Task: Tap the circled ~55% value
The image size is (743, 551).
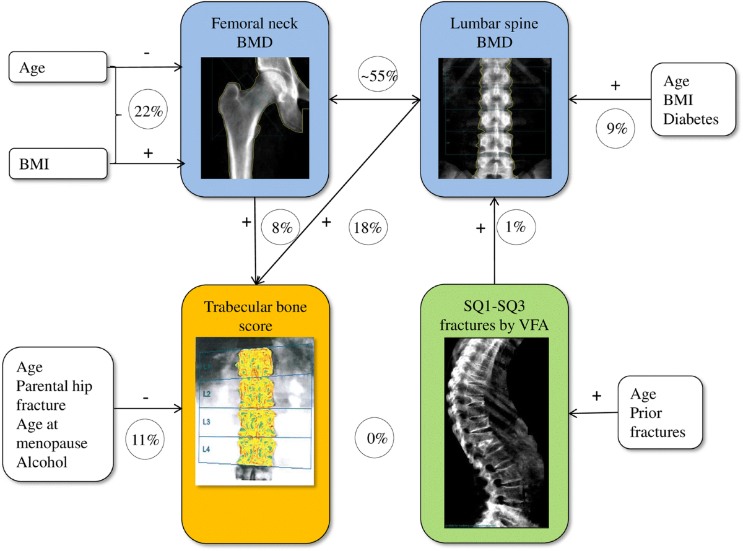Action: [x=378, y=77]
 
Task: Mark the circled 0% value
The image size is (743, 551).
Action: [x=375, y=438]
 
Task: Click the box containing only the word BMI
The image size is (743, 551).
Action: [x=60, y=165]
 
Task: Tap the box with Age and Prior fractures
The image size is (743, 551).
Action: [x=660, y=413]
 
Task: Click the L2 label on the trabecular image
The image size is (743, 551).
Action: [x=207, y=394]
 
